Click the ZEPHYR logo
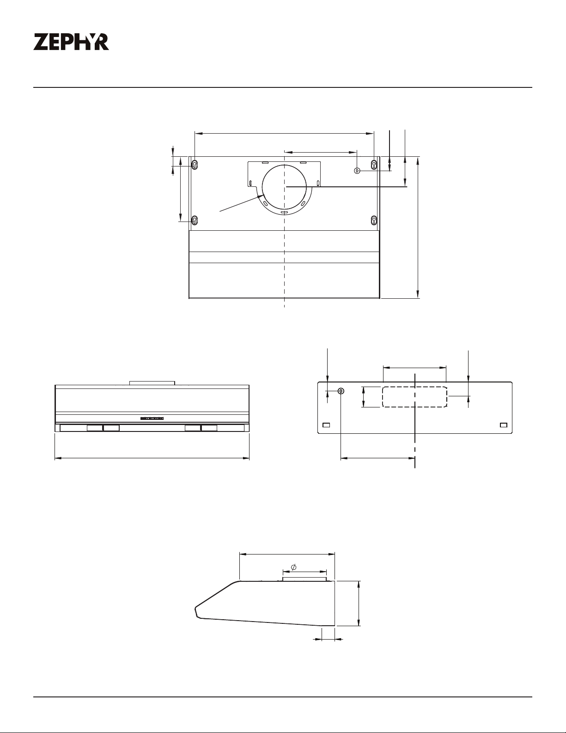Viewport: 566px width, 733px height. (71, 42)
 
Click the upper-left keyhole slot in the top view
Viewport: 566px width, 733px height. (195, 165)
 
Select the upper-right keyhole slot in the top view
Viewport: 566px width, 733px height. (374, 165)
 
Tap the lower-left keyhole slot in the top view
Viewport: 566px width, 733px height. (195, 220)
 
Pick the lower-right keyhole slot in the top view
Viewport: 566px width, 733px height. (374, 220)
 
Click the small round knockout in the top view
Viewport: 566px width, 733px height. (357, 171)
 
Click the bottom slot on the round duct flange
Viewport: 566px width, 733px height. (284, 212)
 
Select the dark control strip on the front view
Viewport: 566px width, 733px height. (152, 419)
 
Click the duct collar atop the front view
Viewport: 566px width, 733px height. (152, 383)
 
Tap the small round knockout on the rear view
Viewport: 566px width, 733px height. (341, 391)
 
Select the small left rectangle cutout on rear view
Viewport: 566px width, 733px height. (326, 425)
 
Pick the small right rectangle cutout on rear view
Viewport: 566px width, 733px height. (504, 425)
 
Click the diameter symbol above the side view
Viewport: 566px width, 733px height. (293, 567)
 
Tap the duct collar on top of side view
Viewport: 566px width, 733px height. (304, 579)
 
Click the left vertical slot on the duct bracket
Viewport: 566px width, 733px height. (251, 183)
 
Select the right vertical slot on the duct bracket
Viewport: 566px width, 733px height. (318, 183)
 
